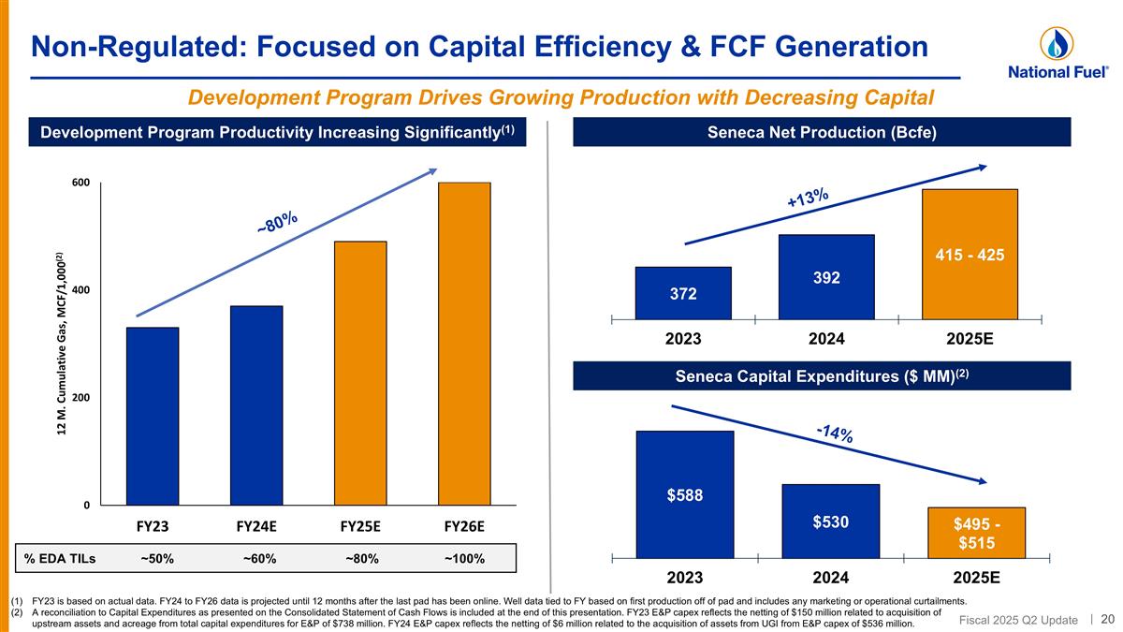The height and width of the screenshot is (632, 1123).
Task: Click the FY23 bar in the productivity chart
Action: coord(153,417)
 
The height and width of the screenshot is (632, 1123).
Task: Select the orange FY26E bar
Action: coord(464,344)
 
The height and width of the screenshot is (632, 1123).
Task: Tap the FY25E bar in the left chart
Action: coord(360,374)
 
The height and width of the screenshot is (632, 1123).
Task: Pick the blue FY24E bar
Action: coord(256,405)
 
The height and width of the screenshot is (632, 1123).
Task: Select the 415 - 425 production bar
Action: coord(970,254)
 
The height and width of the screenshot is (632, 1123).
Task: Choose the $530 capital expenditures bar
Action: coord(829,522)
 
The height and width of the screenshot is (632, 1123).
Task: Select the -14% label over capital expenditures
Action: coord(834,433)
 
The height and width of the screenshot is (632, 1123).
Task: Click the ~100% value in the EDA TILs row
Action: coord(464,559)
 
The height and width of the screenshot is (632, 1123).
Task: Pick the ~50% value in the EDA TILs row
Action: coord(156,559)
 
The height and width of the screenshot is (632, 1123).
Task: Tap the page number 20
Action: coord(1107,618)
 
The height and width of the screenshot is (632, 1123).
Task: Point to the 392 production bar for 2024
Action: coord(826,277)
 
